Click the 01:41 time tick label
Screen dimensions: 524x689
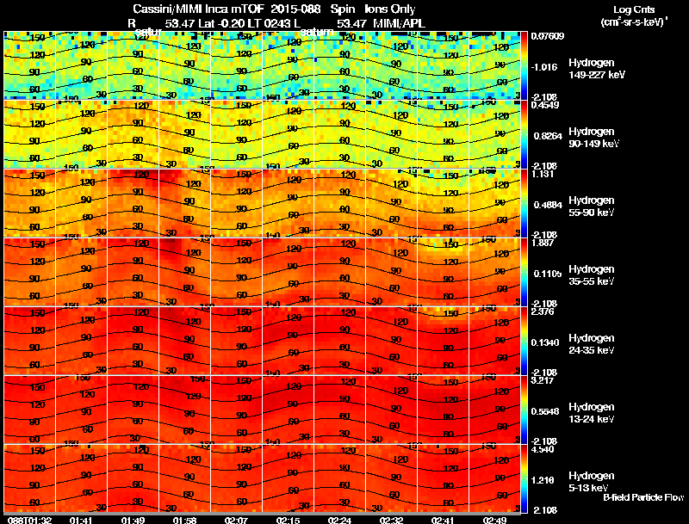click(82, 520)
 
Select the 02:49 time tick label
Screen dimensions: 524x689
click(494, 520)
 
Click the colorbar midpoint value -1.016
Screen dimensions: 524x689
click(545, 66)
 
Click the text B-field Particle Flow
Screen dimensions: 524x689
click(642, 497)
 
